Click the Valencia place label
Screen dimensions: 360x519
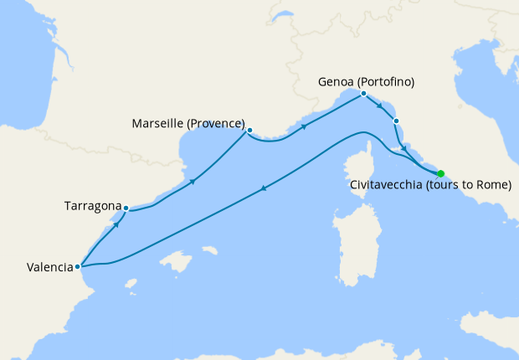point(49,268)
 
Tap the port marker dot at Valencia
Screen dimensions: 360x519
point(78,267)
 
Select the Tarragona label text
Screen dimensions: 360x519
point(92,204)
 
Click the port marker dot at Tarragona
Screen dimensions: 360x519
point(126,208)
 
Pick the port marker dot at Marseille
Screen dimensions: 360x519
point(249,130)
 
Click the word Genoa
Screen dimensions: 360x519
point(337,82)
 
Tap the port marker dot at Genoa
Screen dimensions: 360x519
point(363,94)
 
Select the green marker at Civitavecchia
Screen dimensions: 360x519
point(440,173)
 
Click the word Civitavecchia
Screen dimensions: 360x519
point(386,185)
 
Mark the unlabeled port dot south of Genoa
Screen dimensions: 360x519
point(396,121)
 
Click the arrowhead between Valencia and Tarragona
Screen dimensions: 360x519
point(116,224)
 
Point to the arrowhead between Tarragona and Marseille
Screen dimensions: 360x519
point(193,181)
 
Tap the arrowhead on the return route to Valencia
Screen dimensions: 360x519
point(265,188)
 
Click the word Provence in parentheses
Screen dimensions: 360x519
point(218,124)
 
